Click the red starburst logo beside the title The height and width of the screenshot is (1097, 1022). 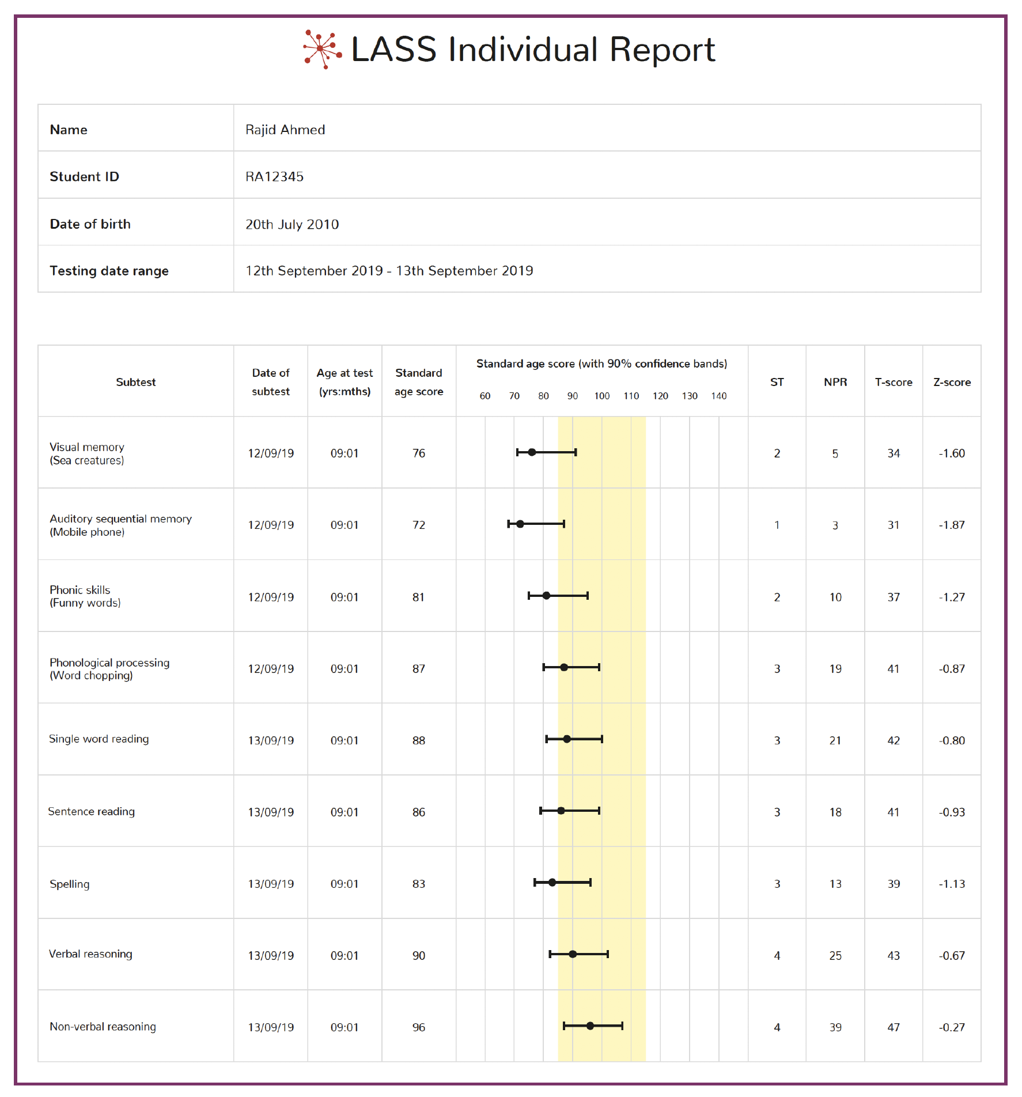(323, 49)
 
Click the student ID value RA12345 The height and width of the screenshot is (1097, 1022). (274, 177)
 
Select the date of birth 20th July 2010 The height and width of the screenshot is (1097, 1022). (292, 224)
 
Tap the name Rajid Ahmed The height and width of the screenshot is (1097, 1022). (285, 130)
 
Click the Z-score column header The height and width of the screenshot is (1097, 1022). (952, 382)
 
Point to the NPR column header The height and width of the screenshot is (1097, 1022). (835, 382)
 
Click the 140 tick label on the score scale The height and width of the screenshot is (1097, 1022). (718, 396)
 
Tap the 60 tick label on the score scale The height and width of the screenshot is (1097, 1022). (485, 396)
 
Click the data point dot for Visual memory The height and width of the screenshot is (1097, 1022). (532, 452)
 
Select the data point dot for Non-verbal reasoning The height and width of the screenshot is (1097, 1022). (590, 1026)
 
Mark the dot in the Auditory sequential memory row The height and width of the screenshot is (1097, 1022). (520, 524)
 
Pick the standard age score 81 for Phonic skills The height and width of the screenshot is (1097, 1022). (418, 597)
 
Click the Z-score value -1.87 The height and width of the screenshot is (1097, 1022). (952, 525)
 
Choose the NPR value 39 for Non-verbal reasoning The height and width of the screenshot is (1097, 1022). (835, 1027)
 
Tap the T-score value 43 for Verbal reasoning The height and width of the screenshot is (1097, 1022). (894, 956)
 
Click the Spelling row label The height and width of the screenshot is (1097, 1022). (70, 884)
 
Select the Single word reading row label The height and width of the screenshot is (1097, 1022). (99, 739)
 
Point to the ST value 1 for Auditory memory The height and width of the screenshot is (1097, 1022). (777, 525)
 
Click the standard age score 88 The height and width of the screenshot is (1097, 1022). (419, 740)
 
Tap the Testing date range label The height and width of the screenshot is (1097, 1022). (109, 271)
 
